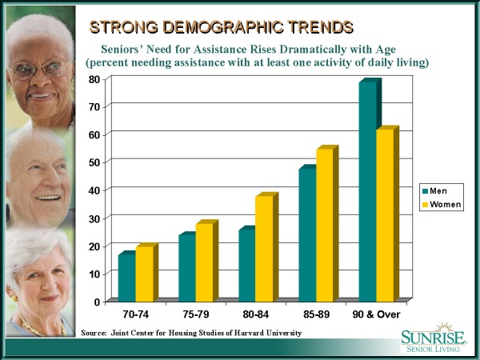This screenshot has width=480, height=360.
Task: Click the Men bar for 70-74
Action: (x=126, y=277)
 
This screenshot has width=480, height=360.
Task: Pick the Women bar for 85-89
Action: (x=326, y=225)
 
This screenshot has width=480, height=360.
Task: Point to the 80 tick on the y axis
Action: (x=94, y=78)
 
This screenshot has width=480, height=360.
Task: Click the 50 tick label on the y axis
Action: (x=94, y=162)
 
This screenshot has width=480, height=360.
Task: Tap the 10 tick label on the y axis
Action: (x=94, y=274)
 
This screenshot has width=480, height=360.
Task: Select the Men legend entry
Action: (x=438, y=190)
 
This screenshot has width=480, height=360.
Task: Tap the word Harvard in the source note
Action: (x=248, y=332)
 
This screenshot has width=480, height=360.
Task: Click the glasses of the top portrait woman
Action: (x=40, y=69)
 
